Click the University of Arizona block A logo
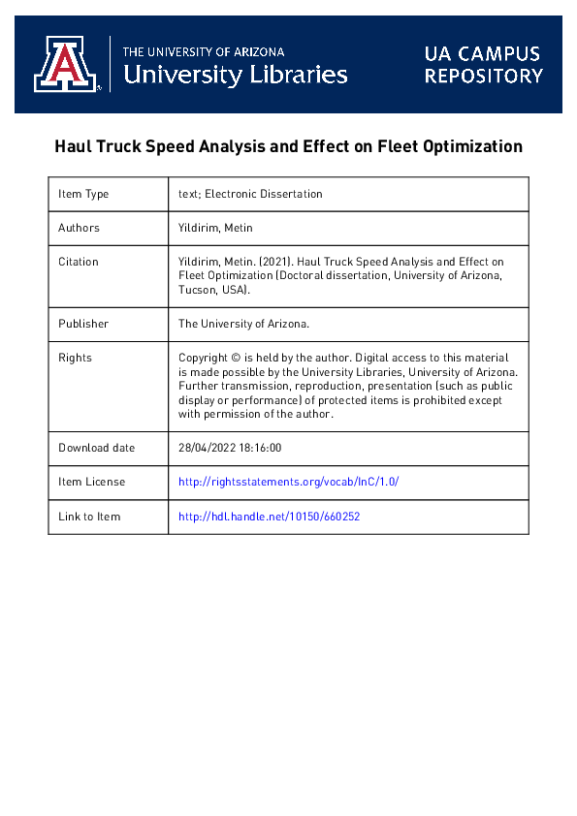click(x=67, y=64)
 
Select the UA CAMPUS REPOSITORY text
click(x=483, y=64)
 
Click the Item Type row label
click(x=83, y=194)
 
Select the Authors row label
click(x=79, y=228)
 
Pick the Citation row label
click(x=79, y=262)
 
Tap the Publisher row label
click(x=83, y=324)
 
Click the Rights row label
click(x=74, y=357)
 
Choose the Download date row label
click(x=97, y=448)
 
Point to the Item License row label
click(x=91, y=482)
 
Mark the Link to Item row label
click(x=89, y=517)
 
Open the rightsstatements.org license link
click(x=289, y=482)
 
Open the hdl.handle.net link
click(x=270, y=517)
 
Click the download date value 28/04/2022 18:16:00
click(x=230, y=448)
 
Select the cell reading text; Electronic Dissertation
click(x=250, y=194)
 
